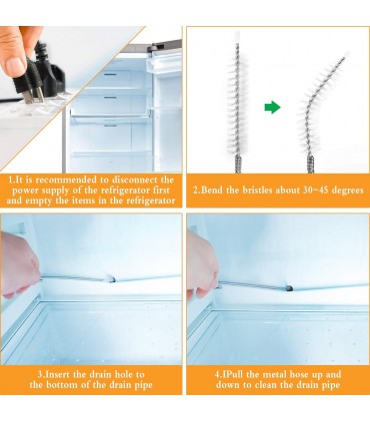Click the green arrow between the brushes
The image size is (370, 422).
point(272,107)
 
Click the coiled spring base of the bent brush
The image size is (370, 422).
point(311,164)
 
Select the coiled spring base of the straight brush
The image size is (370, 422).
point(238,164)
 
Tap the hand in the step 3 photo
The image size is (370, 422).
point(19,264)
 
